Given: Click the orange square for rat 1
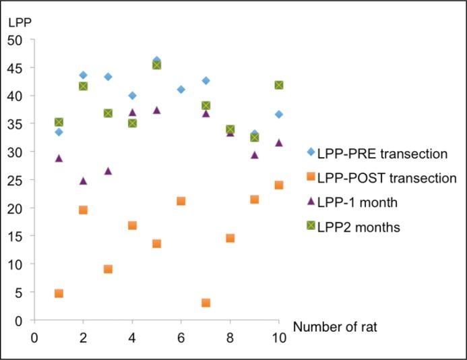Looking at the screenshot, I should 59,293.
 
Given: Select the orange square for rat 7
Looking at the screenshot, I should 206,303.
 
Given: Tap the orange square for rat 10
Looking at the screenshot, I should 278,185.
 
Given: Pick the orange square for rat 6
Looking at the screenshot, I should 181,201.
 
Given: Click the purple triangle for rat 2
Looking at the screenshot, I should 83,181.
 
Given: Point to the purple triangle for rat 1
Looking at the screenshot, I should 59,158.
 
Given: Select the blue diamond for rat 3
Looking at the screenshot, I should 108,77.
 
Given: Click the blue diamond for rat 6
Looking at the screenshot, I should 181,90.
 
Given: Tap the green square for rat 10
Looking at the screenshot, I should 278,85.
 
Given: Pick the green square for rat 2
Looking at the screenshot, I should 83,86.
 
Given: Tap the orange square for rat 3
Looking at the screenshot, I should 108,269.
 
